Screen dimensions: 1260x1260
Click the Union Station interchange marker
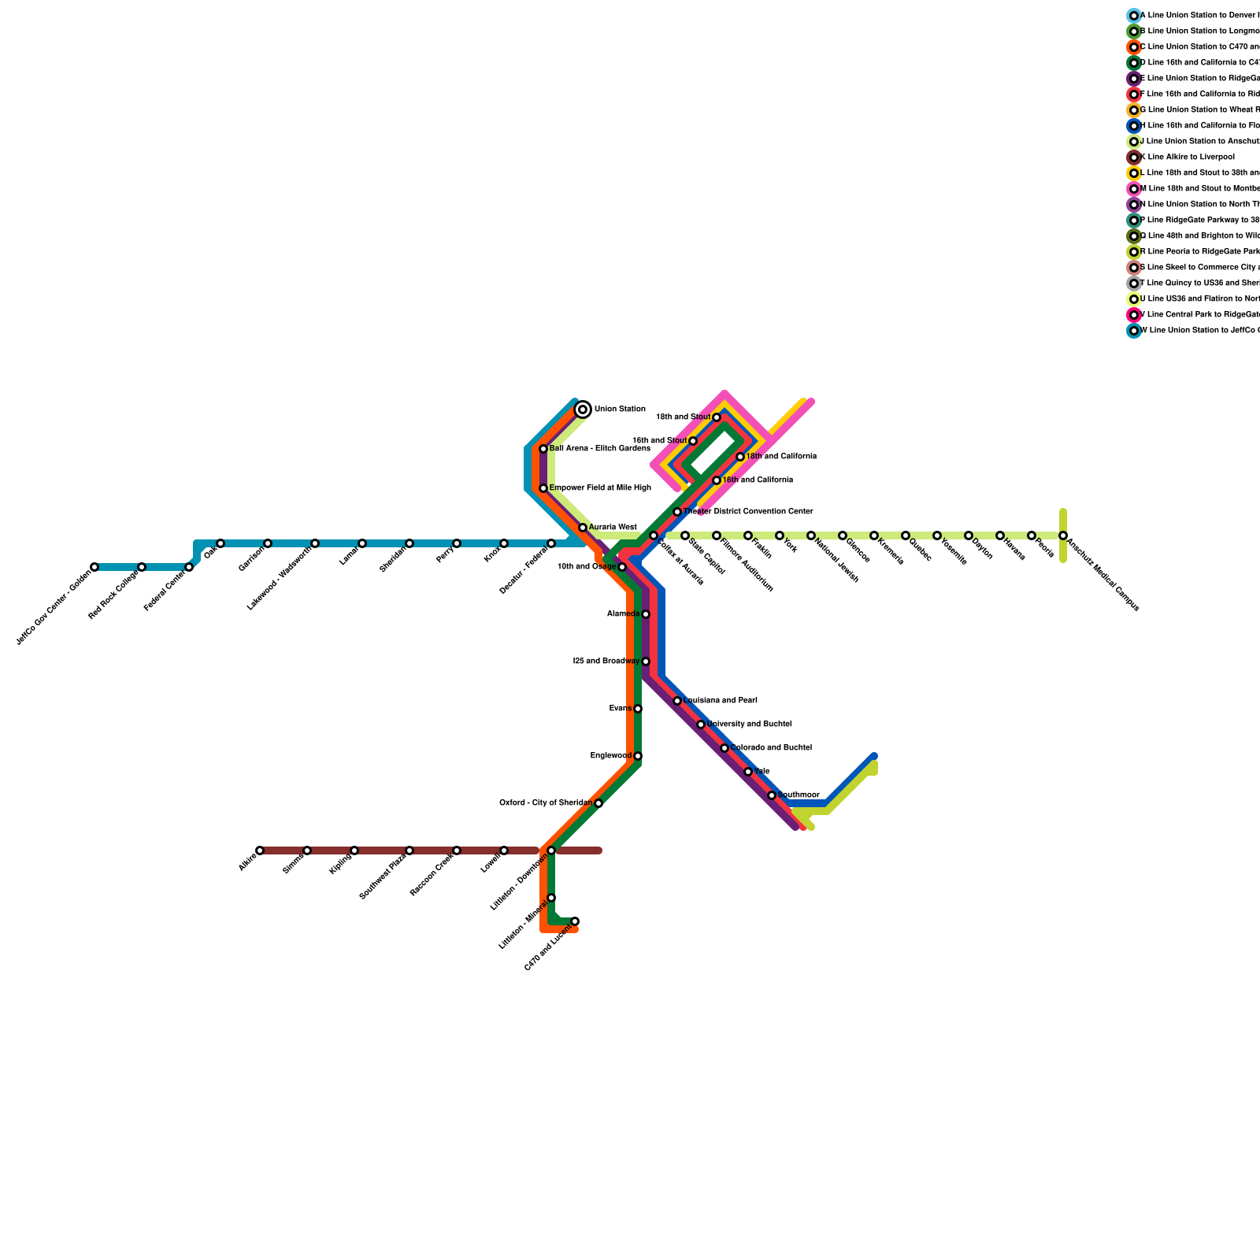click(583, 409)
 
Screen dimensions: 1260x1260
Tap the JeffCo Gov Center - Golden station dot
click(94, 567)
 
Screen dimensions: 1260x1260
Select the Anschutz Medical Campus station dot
click(1063, 535)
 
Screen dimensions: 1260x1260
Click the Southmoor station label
click(799, 795)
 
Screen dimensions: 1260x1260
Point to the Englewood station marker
click(638, 756)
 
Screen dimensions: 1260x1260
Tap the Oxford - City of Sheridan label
click(546, 803)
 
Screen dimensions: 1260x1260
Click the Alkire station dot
click(260, 850)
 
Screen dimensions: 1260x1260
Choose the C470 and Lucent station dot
click(575, 921)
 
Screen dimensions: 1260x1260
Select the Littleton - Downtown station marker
click(551, 850)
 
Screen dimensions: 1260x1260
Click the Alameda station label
click(623, 614)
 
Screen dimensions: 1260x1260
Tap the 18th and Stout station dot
click(717, 417)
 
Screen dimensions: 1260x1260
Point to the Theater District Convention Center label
click(748, 512)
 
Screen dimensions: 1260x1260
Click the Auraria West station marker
click(583, 528)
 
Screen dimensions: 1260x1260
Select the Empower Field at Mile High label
click(600, 488)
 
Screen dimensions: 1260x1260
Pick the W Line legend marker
click(1134, 331)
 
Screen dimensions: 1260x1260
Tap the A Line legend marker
click(1134, 16)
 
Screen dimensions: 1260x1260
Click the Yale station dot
click(748, 772)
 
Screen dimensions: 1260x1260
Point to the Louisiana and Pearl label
click(721, 701)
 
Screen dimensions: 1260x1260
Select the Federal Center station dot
click(189, 567)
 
